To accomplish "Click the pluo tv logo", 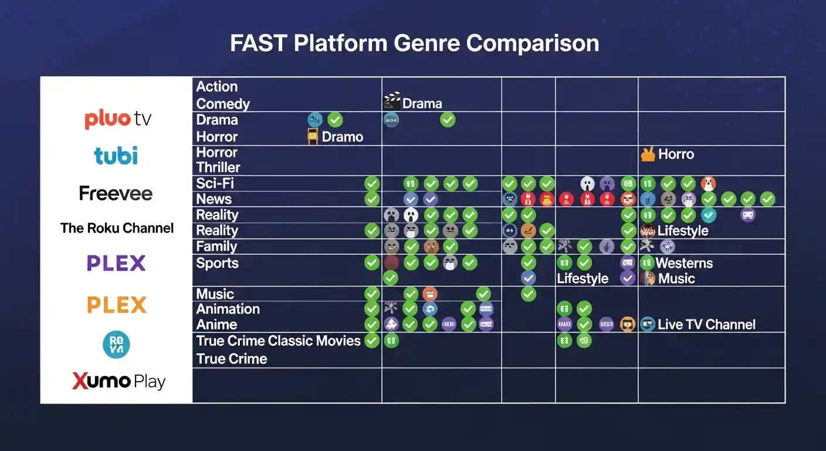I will point(118,119).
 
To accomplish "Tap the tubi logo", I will point(116,156).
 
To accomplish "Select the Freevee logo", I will point(116,193).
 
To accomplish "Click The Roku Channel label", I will point(117,228).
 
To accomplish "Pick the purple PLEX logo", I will point(116,263).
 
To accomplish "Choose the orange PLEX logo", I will point(117,305).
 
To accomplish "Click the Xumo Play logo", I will point(119,382).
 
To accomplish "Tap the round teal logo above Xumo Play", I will point(116,344).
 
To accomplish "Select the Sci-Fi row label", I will point(215,183).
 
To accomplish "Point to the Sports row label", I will point(217,263).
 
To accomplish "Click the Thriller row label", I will point(218,167).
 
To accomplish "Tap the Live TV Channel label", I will point(706,325).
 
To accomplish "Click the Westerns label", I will point(684,263).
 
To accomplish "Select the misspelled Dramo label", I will point(342,137).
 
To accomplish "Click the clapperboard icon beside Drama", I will point(391,102).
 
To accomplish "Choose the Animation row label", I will point(228,309).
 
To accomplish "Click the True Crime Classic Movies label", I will point(278,341).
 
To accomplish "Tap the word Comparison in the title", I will point(533,44).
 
